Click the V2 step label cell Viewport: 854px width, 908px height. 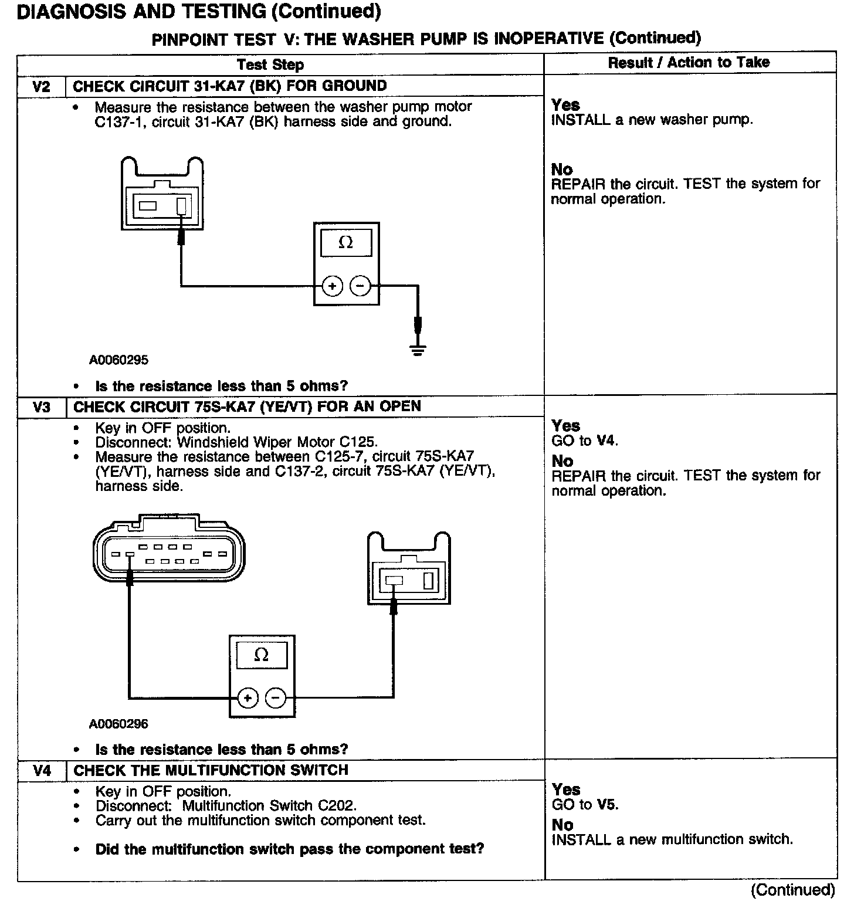point(41,87)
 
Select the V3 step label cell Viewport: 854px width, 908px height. point(41,407)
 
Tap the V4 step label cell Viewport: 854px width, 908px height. point(41,770)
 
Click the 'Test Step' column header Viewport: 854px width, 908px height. point(270,65)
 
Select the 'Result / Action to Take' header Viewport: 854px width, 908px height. point(689,63)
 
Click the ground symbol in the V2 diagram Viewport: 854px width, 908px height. point(418,351)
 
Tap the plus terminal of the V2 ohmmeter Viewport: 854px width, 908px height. point(332,286)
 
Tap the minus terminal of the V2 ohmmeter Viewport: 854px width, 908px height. point(360,286)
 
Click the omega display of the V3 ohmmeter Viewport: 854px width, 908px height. point(262,655)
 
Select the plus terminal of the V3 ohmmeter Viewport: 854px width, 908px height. point(248,698)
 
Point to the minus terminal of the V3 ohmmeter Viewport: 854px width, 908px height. point(276,698)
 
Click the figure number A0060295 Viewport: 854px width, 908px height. point(119,360)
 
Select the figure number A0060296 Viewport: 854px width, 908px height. point(119,724)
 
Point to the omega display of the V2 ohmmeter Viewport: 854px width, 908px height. point(346,243)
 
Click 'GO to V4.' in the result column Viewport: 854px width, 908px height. point(585,441)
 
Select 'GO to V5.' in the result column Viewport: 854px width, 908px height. point(585,805)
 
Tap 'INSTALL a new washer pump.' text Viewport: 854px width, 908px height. point(652,120)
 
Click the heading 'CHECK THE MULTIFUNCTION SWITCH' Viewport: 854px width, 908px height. point(211,770)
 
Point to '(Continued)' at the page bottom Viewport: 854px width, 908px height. point(792,890)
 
